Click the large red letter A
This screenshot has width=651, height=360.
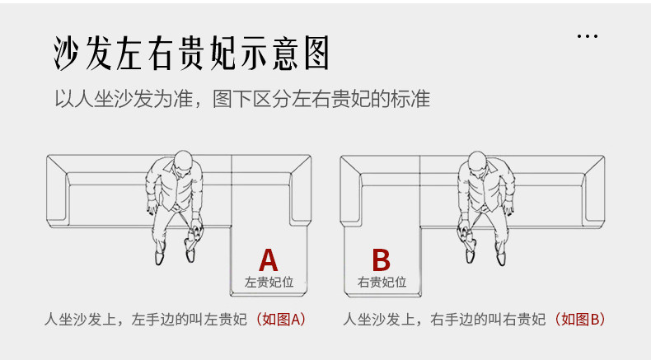tap(269, 259)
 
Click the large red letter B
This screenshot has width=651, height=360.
tap(381, 259)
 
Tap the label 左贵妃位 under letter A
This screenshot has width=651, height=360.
tap(269, 282)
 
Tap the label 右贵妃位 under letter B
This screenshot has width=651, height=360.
tap(382, 282)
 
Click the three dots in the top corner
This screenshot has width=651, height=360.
tap(587, 37)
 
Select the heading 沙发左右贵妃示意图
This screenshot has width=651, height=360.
tap(190, 54)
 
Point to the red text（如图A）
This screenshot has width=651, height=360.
tap(280, 319)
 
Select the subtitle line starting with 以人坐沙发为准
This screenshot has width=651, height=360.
tap(242, 100)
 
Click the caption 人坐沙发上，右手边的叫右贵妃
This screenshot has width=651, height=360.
tap(445, 319)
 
